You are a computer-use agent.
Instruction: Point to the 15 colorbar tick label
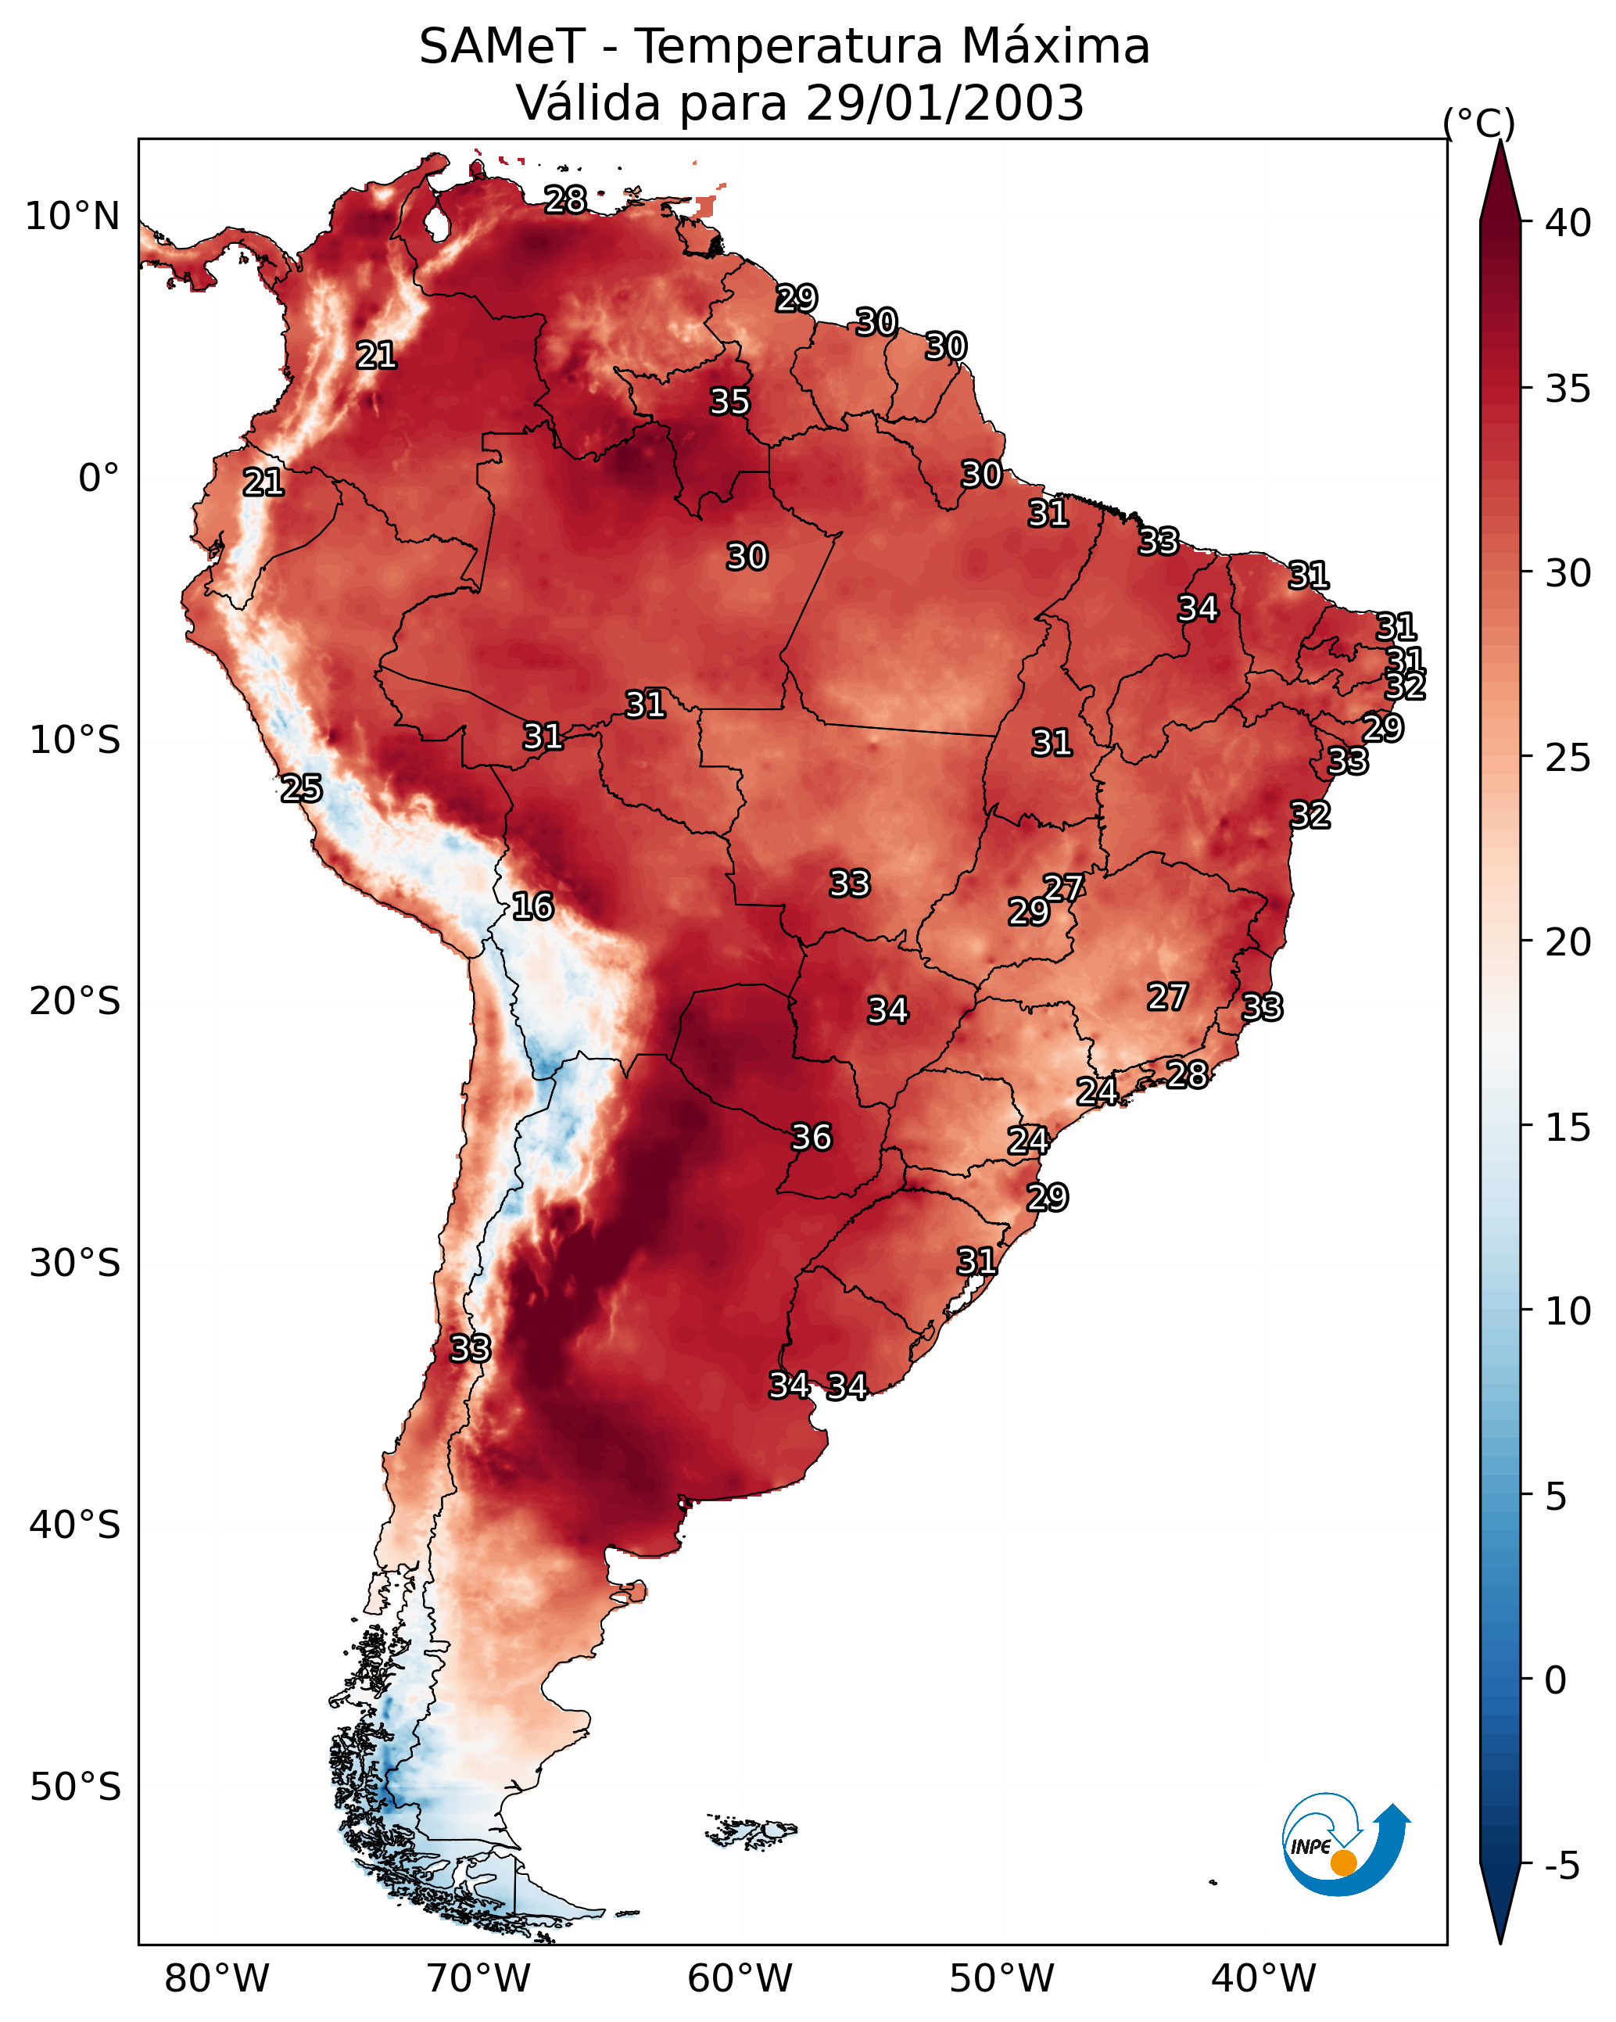[1568, 1128]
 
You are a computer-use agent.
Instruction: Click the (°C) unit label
[1479, 123]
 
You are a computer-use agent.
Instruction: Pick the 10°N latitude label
[72, 217]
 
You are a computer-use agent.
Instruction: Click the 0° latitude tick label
[99, 479]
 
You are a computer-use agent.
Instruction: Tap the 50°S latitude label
[75, 1787]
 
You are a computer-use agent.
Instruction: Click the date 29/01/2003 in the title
[945, 102]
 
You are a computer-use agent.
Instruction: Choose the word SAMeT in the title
[503, 47]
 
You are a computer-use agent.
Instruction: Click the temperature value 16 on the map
[532, 907]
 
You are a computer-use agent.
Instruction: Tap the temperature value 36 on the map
[812, 1138]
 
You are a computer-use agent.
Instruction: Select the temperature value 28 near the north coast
[565, 199]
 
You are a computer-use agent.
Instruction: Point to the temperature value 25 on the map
[301, 789]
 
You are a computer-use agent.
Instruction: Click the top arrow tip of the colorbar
[1500, 141]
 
